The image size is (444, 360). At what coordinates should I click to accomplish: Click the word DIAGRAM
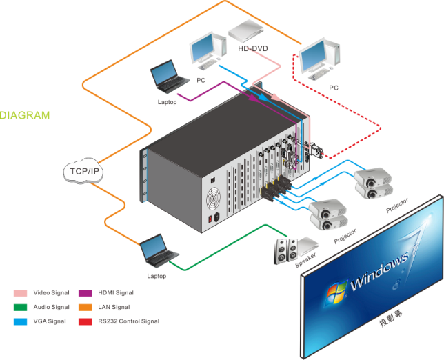pyautogui.click(x=25, y=115)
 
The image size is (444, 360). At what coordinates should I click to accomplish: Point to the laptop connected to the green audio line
pyautogui.click(x=158, y=251)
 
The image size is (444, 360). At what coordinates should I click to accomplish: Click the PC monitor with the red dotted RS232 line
pyautogui.click(x=321, y=59)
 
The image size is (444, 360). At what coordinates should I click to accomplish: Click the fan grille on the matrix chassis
pyautogui.click(x=215, y=200)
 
